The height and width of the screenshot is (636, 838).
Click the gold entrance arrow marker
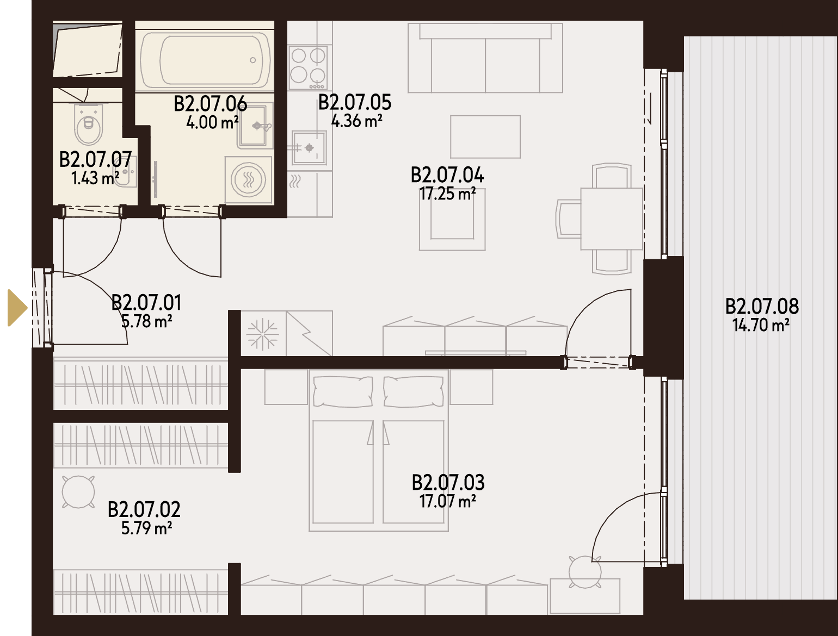17,308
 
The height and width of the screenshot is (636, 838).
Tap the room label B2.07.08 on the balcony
762,307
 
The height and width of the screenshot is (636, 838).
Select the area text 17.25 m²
447,194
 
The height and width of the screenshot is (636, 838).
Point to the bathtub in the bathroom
205,60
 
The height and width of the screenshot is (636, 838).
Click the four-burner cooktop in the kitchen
307,67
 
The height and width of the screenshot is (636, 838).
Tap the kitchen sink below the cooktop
309,147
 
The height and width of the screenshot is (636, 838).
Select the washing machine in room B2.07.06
249,180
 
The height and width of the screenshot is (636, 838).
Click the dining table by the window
612,219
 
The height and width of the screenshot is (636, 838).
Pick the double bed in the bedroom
378,450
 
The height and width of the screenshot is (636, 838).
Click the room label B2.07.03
448,483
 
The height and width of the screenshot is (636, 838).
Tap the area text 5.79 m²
146,528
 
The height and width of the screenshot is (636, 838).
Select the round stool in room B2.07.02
78,492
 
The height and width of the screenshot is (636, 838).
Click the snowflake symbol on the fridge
263,334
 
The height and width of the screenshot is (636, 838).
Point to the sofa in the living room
485,58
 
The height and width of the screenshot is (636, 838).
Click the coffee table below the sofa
485,137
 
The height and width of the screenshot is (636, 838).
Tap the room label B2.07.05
355,103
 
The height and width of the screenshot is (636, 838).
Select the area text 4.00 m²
212,122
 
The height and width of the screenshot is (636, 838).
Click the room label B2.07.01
146,303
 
